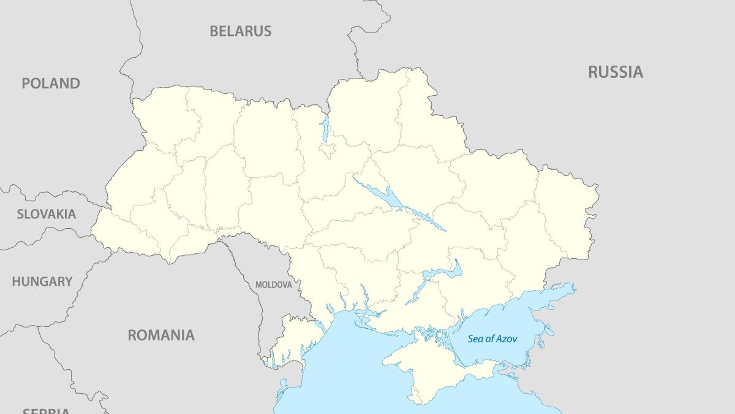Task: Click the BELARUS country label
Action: pos(240,31)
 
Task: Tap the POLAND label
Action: pos(51,83)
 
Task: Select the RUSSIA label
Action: pos(616,72)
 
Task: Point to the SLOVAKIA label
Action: pos(47,214)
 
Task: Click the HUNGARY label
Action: pos(42,282)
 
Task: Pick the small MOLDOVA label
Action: pos(273,285)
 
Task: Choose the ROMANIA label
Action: pos(161,335)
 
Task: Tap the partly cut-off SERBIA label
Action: pos(46,410)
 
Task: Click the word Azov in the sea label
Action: pos(506,339)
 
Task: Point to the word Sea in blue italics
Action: pos(476,339)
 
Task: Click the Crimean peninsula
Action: pos(429,368)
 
